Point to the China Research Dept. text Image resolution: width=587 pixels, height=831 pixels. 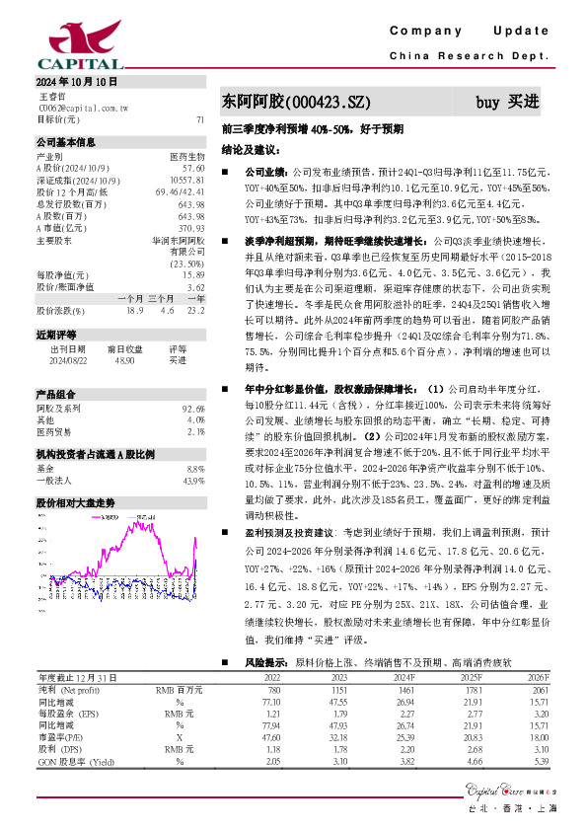click(x=469, y=56)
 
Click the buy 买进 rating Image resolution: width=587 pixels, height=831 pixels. click(x=507, y=102)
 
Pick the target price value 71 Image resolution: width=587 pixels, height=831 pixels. click(x=200, y=119)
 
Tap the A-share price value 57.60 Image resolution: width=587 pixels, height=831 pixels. click(x=193, y=169)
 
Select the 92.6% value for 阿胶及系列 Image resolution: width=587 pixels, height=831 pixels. click(x=193, y=407)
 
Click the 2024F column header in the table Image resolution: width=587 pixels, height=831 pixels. click(x=403, y=677)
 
